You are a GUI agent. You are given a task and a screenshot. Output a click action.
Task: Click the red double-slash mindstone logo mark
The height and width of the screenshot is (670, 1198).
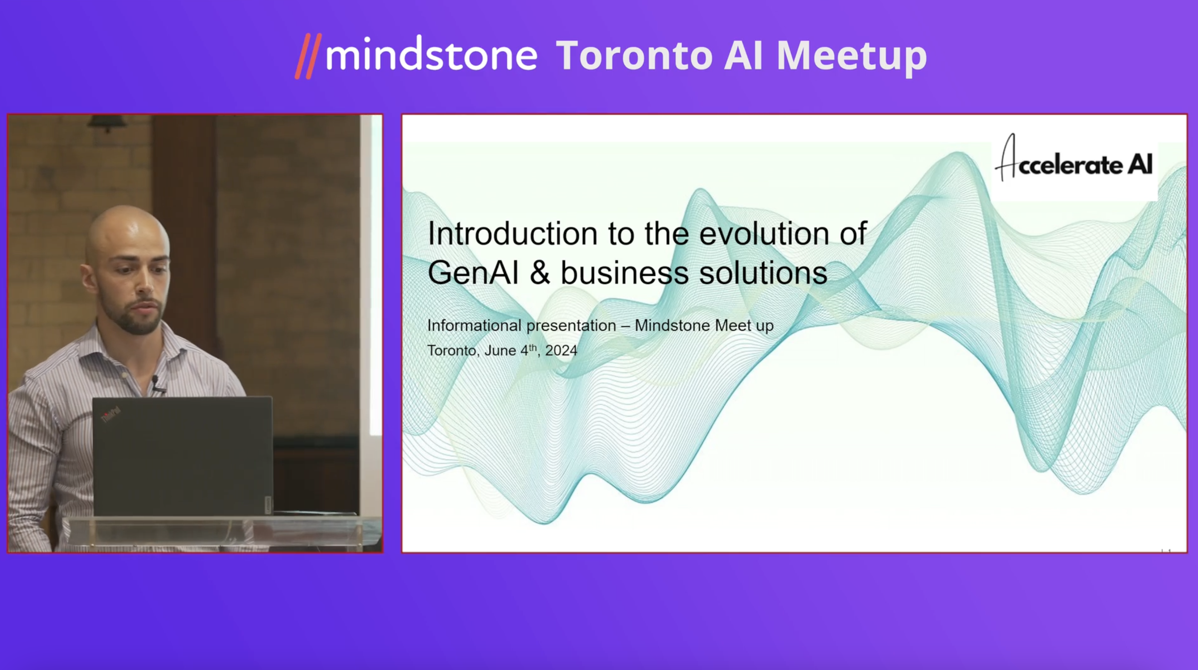pos(308,56)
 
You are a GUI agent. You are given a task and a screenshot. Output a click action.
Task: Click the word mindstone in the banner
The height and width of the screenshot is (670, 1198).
pos(432,54)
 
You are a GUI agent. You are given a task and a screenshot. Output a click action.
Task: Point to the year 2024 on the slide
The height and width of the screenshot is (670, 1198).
pos(561,350)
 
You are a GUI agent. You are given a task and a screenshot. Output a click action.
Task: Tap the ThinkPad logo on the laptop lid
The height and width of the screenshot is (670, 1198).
pos(111,414)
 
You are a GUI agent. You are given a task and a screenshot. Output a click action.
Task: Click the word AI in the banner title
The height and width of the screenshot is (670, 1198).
pos(743,55)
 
